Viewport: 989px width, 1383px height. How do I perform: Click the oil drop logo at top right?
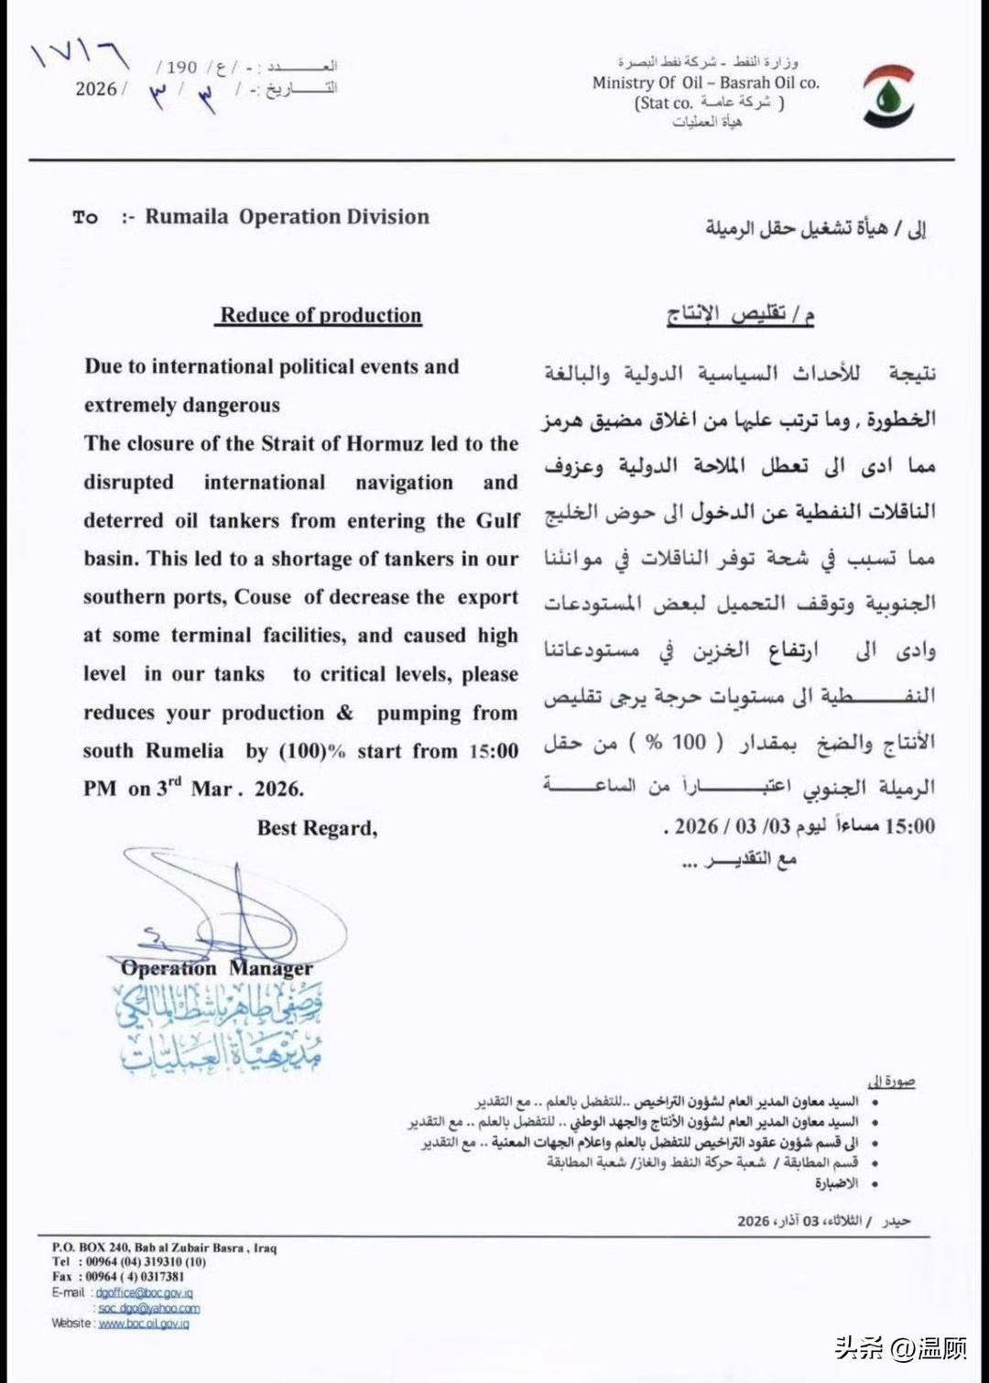pos(888,96)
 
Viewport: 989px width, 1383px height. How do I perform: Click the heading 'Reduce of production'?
pos(321,315)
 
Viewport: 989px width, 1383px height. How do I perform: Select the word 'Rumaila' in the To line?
pos(187,217)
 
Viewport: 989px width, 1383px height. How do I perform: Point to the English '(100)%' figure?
pos(312,751)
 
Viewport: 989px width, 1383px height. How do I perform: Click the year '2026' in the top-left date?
pos(96,89)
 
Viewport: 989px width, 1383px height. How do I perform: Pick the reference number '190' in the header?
pos(182,67)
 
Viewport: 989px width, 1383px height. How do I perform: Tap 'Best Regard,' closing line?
pos(317,828)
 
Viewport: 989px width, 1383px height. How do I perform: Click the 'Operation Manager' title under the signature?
pos(216,968)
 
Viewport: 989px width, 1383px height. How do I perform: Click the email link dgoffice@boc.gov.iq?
pos(144,1293)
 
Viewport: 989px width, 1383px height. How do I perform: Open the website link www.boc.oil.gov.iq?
pos(144,1323)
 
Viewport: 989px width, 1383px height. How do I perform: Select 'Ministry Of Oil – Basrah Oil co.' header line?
pos(705,82)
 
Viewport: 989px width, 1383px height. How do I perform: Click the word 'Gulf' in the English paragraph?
pos(497,521)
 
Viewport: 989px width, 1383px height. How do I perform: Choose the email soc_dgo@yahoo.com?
pos(149,1309)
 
